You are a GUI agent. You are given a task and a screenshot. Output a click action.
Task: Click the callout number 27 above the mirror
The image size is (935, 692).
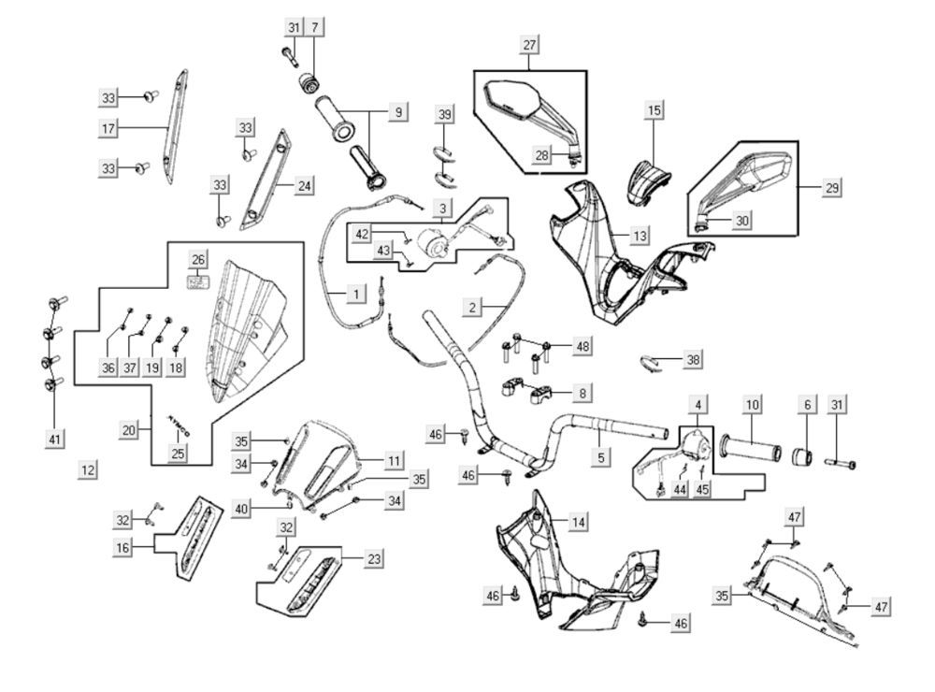coord(530,46)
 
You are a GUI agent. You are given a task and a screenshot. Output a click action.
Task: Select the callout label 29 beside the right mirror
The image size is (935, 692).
coord(831,187)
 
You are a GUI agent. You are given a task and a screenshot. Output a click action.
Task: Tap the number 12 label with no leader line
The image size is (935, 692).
coord(87,469)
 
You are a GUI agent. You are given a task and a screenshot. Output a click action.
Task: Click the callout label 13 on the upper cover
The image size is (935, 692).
coord(639,236)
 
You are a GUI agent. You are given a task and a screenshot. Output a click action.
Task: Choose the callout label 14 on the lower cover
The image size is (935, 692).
coord(580,523)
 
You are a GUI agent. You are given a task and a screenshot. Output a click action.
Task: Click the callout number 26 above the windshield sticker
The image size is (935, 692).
coord(197,259)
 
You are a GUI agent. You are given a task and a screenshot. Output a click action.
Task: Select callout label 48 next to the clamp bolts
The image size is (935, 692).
coord(583,347)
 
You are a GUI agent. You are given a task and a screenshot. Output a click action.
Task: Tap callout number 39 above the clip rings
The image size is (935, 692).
coord(445,114)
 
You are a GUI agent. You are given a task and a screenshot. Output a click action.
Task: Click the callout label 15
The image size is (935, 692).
coord(654,110)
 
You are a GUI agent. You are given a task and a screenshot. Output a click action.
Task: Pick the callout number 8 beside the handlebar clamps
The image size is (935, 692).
coord(583,394)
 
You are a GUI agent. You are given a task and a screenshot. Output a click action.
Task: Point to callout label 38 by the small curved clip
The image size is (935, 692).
coord(692,358)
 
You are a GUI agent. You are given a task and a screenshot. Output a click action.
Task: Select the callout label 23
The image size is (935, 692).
coord(373,558)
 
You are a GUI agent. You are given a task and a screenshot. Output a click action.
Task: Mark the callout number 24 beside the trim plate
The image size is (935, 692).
coord(304,186)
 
